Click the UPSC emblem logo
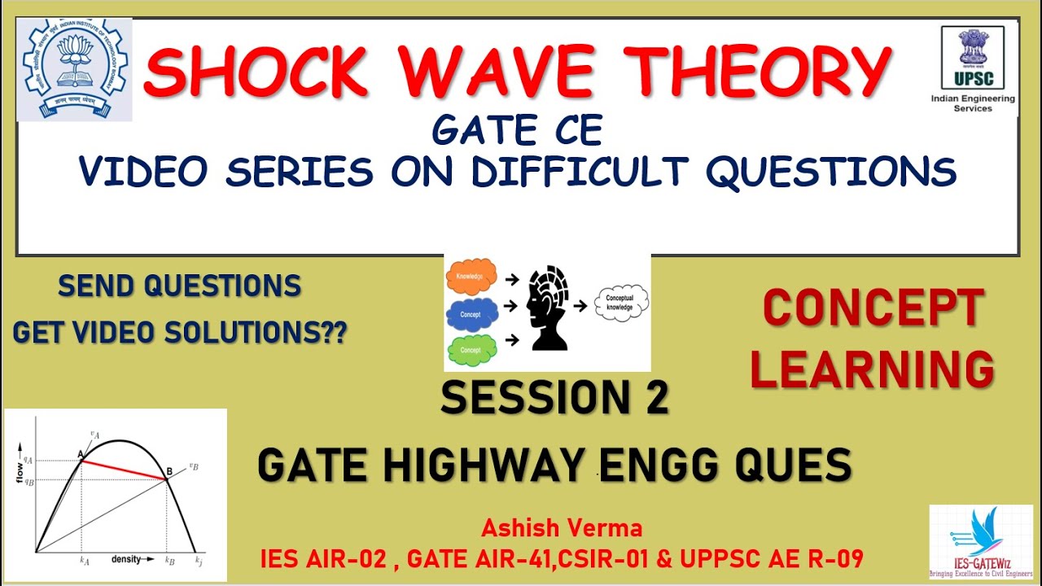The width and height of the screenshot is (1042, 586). [972, 57]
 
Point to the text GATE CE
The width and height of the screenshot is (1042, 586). [518, 130]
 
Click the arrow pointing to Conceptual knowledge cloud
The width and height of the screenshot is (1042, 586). [581, 307]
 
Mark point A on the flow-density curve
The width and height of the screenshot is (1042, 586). [81, 461]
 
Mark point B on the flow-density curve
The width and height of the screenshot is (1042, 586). [167, 479]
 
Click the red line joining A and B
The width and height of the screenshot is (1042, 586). [124, 470]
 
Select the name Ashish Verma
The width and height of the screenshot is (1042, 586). [562, 528]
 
